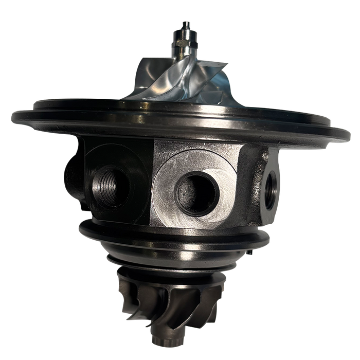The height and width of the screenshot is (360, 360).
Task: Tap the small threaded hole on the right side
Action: click(272, 182)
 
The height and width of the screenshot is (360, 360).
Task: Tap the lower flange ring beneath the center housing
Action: click(175, 237)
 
